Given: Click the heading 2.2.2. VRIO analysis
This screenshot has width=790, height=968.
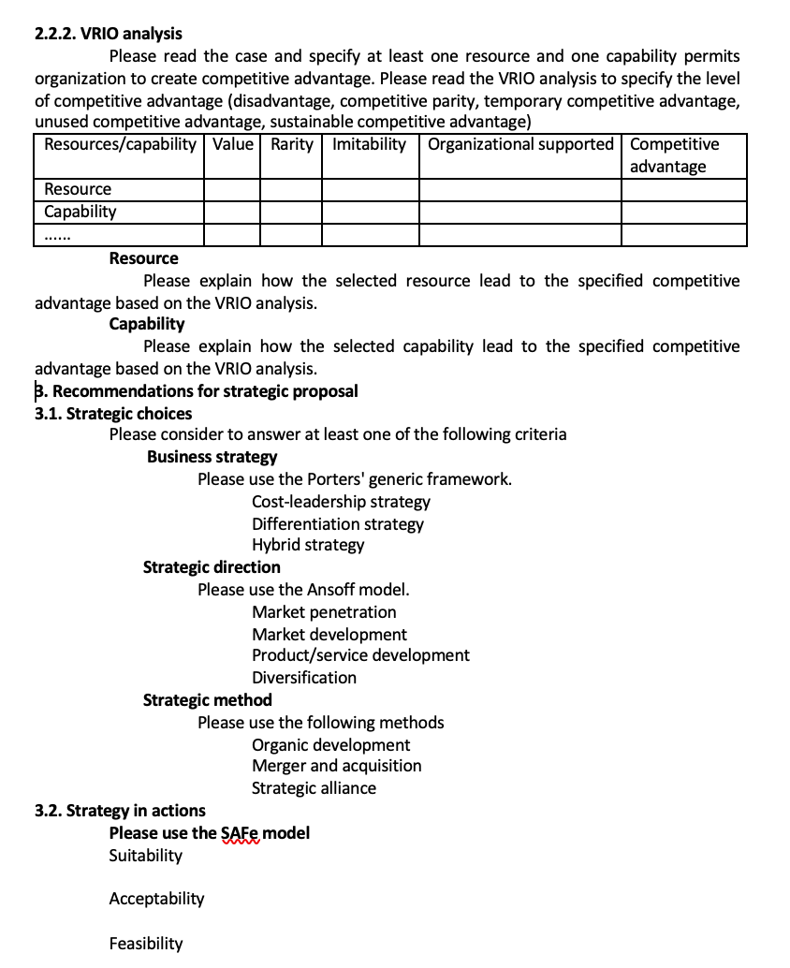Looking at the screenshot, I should [x=109, y=34].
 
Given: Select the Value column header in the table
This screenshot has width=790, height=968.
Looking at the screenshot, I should [x=232, y=144].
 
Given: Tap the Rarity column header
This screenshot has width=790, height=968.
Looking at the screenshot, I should [x=291, y=144].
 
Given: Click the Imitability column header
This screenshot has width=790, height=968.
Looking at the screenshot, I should [x=369, y=144].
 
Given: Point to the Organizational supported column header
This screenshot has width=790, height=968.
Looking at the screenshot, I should [x=520, y=144].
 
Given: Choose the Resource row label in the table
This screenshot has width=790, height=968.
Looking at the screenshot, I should [x=78, y=189].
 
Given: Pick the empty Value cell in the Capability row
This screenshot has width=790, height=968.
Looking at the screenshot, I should [x=232, y=212].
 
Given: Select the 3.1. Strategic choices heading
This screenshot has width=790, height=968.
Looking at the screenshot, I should [x=113, y=413].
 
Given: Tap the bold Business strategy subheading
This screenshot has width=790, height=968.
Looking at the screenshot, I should [x=212, y=457].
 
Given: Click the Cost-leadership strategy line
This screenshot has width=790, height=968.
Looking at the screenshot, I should [x=341, y=502].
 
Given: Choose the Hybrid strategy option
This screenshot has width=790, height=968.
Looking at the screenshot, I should [x=308, y=545].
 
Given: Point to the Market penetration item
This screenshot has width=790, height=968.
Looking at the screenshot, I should [x=324, y=612].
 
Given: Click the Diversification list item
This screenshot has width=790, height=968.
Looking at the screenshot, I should [x=304, y=678].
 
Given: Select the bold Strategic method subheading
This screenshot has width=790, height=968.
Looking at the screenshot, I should [x=207, y=700].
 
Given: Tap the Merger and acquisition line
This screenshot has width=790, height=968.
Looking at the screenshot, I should [x=336, y=766].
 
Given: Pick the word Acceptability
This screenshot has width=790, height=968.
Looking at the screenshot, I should [x=156, y=899].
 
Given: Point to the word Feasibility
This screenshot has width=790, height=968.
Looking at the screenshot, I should [x=146, y=944].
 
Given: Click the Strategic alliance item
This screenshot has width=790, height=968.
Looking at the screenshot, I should [x=314, y=788].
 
